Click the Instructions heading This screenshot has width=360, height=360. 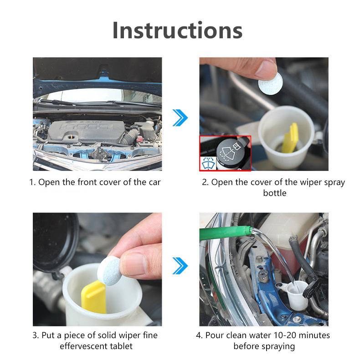tap(177, 31)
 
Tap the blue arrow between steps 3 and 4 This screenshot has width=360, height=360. tap(180, 265)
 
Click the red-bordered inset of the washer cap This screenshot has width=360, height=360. tap(225, 153)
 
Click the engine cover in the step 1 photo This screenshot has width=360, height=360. tap(92, 128)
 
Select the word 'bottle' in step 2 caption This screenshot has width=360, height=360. tap(275, 193)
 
